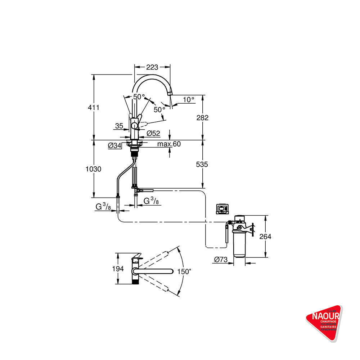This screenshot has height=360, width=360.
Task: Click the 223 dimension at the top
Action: (152, 67)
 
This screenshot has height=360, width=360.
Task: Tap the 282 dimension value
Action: (203, 118)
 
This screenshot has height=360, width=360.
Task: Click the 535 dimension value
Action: (203, 164)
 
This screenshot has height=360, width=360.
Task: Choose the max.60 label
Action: (169, 144)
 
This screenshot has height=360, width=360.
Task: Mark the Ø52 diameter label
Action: (153, 134)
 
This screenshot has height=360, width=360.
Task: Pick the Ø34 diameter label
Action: (114, 145)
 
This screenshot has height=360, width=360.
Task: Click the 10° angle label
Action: (188, 99)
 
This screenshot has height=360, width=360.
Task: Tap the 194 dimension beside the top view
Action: (118, 269)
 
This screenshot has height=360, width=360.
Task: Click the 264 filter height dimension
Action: (265, 237)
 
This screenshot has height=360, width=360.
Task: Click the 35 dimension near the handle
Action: (120, 126)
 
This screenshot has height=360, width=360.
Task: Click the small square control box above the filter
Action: (222, 209)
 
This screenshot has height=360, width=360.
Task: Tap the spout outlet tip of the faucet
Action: (170, 94)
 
